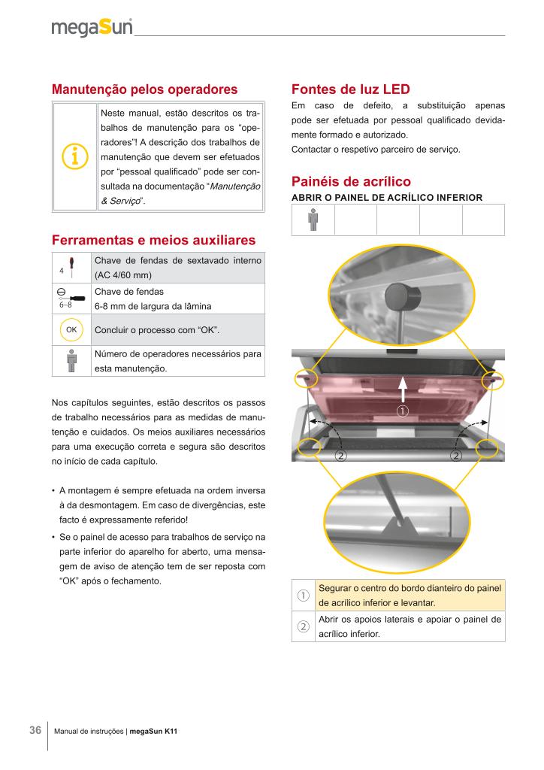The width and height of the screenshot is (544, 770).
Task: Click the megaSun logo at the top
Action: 92,28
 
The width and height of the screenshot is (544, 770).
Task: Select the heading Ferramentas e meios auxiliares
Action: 153,240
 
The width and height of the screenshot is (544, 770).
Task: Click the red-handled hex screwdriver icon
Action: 70,268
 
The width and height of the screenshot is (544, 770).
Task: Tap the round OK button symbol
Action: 71,329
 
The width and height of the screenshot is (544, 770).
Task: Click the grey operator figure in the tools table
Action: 71,359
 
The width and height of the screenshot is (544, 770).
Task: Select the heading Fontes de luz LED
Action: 350,89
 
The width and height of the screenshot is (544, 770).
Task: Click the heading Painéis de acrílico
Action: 350,182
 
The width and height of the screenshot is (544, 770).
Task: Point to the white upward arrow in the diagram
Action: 403,390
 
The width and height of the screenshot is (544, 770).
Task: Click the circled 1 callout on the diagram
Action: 403,411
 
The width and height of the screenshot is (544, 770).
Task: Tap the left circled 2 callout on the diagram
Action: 340,456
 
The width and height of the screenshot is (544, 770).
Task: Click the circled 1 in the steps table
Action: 303,596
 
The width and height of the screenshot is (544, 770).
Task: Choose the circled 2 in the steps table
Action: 303,627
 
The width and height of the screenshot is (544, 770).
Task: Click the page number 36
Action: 35,730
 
